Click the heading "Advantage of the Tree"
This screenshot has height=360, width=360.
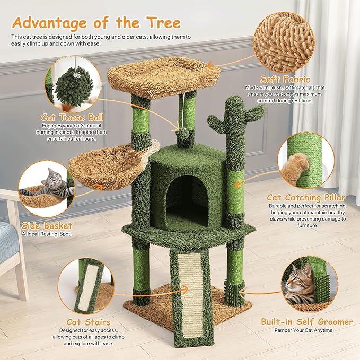96,23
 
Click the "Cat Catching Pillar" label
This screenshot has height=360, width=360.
306,198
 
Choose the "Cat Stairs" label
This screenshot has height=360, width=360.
89,321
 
